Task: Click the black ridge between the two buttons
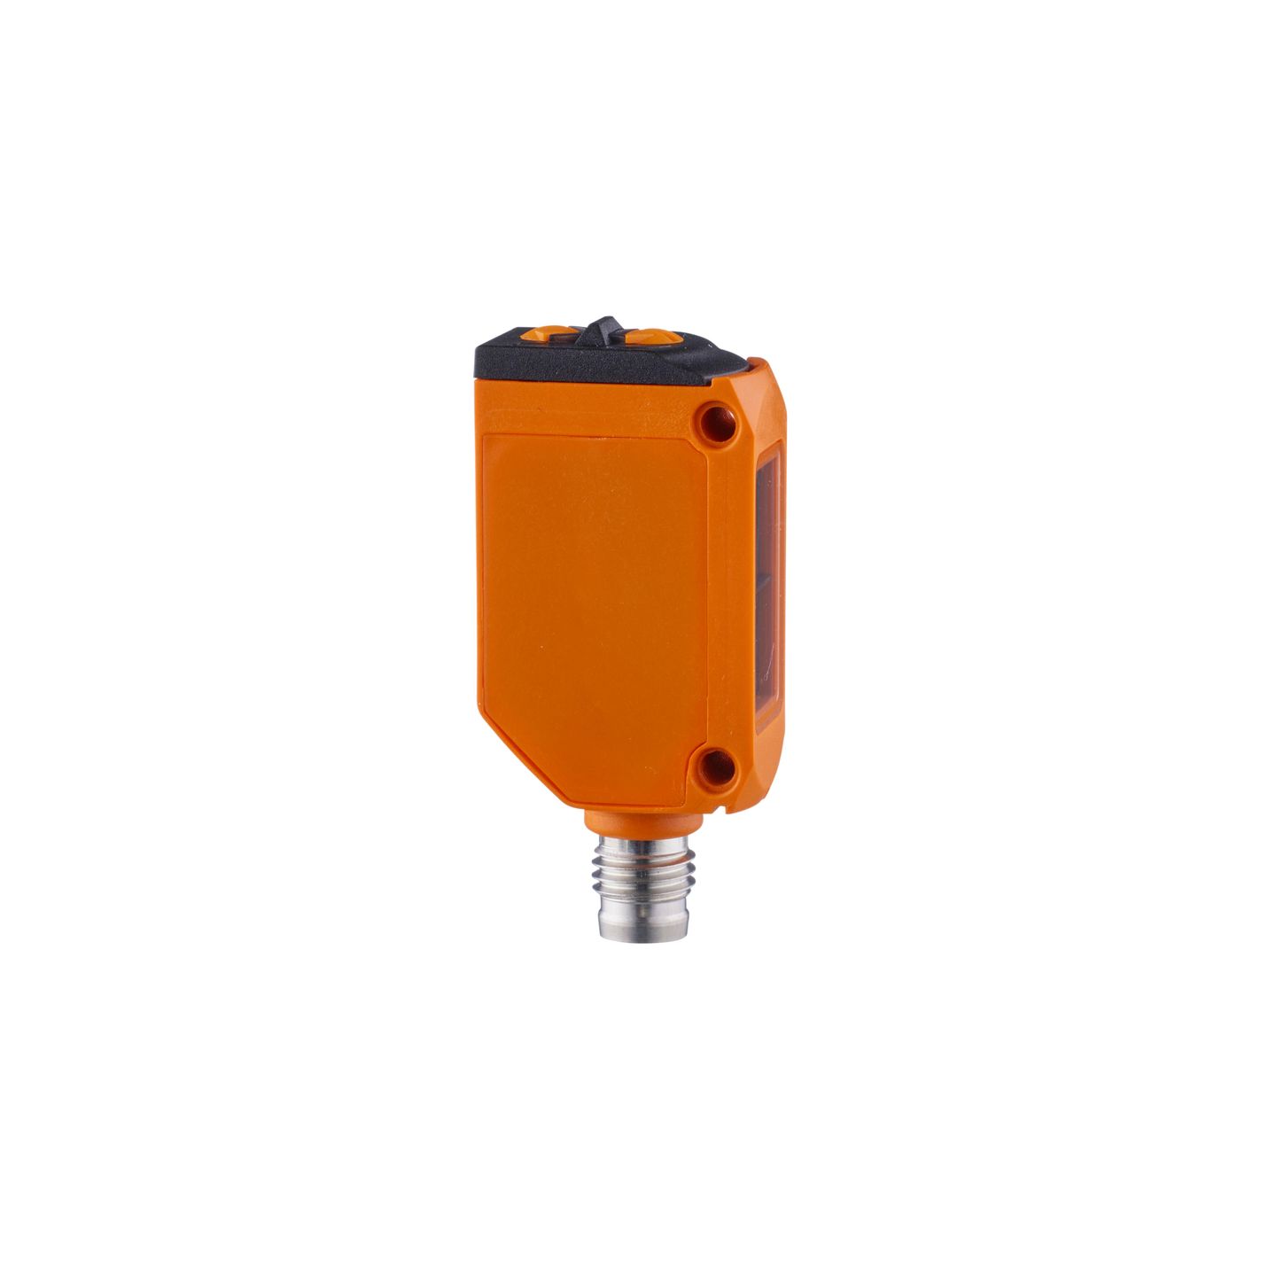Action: [603, 327]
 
